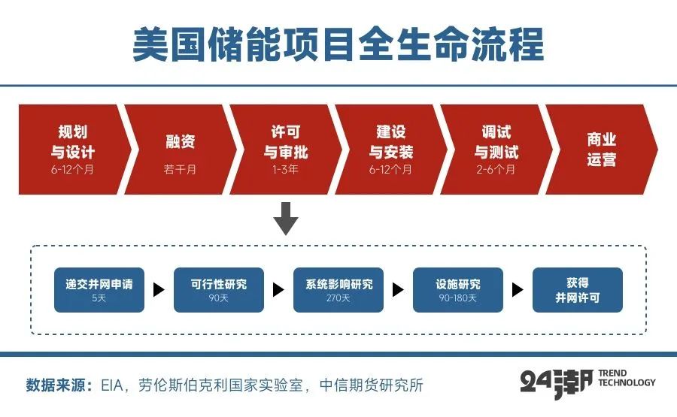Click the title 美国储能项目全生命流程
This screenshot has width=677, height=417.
click(x=338, y=45)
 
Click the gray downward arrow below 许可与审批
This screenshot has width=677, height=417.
click(x=286, y=218)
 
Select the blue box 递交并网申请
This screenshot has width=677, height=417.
click(x=99, y=290)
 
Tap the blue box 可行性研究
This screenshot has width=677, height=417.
click(x=218, y=290)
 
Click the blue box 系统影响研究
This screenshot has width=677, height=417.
click(x=338, y=290)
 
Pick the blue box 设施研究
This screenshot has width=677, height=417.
click(x=457, y=290)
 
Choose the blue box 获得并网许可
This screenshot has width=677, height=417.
click(x=578, y=290)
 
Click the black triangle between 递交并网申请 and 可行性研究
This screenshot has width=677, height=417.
click(x=159, y=290)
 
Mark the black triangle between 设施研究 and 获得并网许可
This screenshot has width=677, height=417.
click(x=518, y=290)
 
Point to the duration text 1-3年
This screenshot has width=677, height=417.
click(x=286, y=170)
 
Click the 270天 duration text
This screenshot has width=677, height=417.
click(x=338, y=298)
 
